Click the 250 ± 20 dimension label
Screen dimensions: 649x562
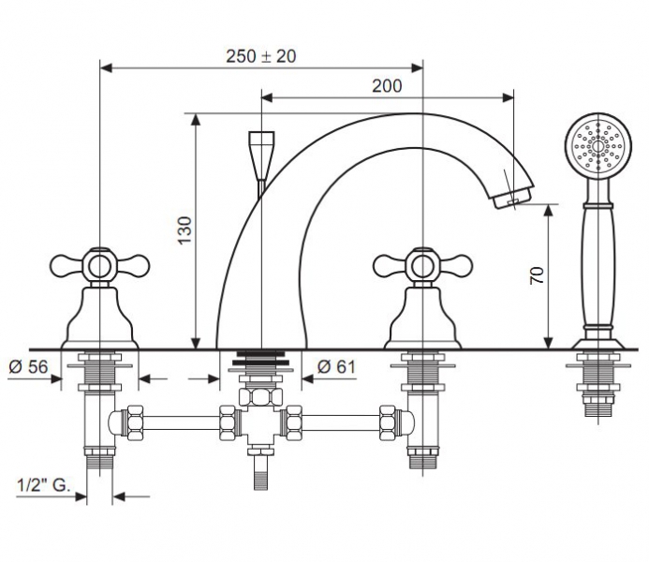pyautogui.click(x=261, y=56)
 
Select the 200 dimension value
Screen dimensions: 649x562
pyautogui.click(x=387, y=86)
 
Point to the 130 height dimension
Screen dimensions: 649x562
pyautogui.click(x=185, y=230)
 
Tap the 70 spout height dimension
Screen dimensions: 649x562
pyautogui.click(x=538, y=275)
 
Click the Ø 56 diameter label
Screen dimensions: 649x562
pyautogui.click(x=28, y=366)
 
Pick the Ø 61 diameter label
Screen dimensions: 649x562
pyautogui.click(x=336, y=366)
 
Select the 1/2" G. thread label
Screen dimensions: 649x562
pyautogui.click(x=44, y=485)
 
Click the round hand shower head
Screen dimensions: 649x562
pyautogui.click(x=598, y=146)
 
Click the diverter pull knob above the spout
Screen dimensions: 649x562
pyautogui.click(x=261, y=155)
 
